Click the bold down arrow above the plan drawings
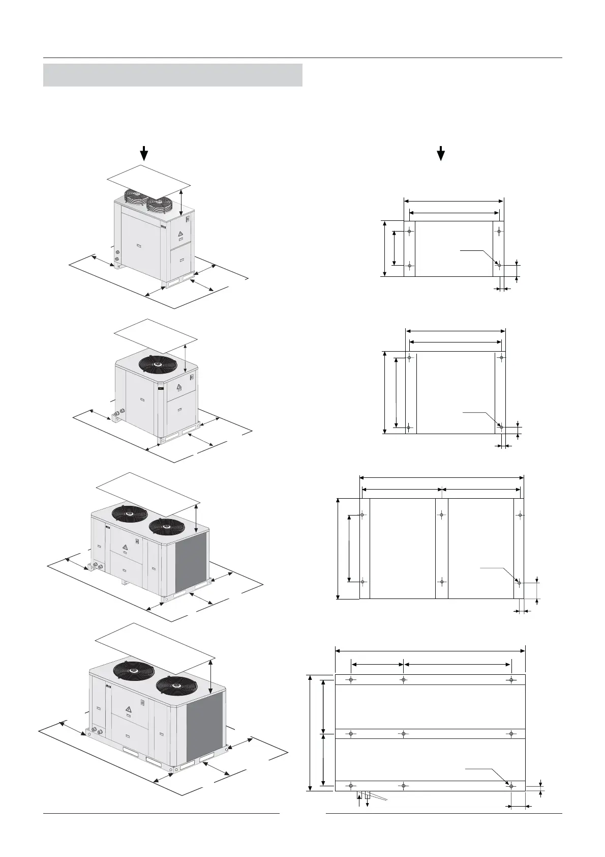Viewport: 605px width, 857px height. coord(441,153)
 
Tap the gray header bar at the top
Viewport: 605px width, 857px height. coord(173,75)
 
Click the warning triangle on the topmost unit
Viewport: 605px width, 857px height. coord(180,234)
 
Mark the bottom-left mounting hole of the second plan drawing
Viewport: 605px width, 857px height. coord(408,427)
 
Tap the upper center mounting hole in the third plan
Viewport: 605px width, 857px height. coord(442,515)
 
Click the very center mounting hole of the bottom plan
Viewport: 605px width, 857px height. coord(403,733)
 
